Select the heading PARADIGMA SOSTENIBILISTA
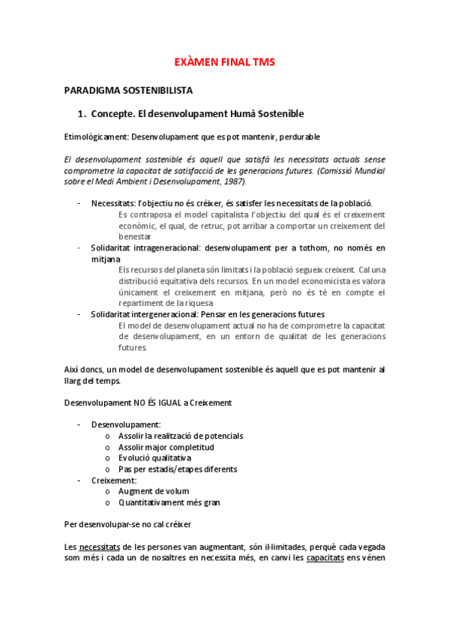tap(128, 91)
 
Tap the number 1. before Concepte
tap(82, 113)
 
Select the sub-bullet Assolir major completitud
tap(166, 447)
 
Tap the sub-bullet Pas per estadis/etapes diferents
tap(178, 469)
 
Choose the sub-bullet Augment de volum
tap(154, 491)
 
